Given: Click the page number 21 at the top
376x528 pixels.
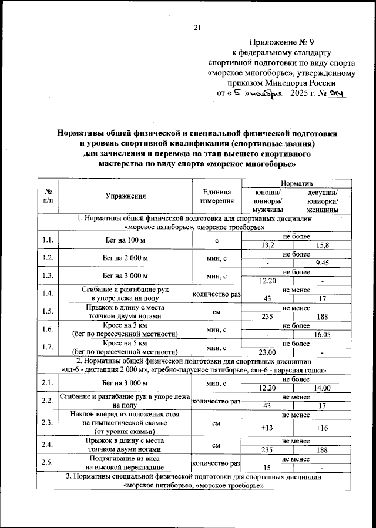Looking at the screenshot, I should click(197, 26).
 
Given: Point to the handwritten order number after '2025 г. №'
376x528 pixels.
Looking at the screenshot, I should click(340, 93).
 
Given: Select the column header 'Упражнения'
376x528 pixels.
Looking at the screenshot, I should click(126, 196).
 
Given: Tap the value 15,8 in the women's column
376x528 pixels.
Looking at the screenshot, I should click(323, 245).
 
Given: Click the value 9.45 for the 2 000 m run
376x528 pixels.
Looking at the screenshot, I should click(323, 263).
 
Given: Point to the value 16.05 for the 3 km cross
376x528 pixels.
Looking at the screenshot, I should click(323, 334).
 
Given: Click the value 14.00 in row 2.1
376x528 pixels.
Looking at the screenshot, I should click(323, 388).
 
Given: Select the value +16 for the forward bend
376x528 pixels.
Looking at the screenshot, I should click(322, 428).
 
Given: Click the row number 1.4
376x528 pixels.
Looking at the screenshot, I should click(48, 294).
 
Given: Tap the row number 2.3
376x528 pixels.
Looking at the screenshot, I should click(48, 423).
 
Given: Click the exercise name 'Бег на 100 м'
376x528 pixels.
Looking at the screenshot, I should click(126, 240).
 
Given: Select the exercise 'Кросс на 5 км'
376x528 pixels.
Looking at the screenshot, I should click(126, 343).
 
